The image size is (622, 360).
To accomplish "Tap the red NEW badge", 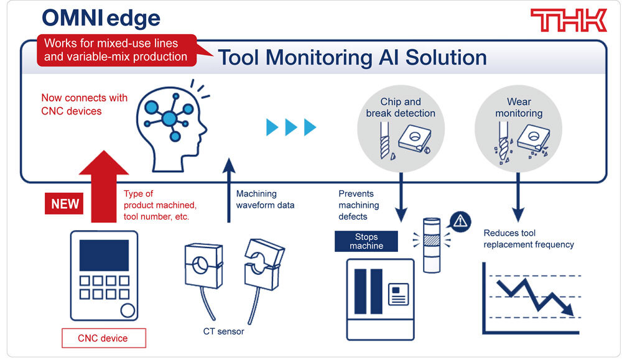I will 63,203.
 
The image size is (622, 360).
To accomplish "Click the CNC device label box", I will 103,338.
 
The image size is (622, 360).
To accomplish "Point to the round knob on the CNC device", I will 128,310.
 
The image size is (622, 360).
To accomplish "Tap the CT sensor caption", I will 223,331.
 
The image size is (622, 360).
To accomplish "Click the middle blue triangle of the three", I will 290,127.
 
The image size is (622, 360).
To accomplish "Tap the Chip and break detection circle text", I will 400,108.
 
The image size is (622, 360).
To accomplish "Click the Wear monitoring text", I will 519,108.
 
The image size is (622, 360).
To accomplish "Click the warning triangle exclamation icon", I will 460,220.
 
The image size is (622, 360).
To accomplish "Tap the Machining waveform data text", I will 265,200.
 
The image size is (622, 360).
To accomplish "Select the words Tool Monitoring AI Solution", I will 352,58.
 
